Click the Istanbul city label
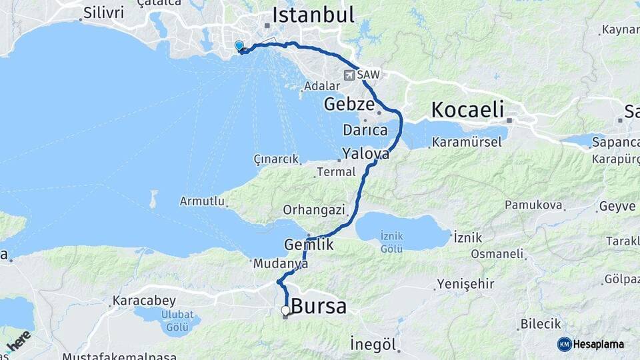(313, 15)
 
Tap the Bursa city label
(319, 307)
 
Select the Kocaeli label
(467, 109)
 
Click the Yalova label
(365, 154)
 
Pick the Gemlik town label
(308, 245)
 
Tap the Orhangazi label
(314, 210)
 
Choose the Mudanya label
(280, 264)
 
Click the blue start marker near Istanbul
(239, 46)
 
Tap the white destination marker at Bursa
(285, 310)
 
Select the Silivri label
(103, 13)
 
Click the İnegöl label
(373, 345)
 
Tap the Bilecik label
(540, 324)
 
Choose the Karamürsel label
(465, 142)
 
